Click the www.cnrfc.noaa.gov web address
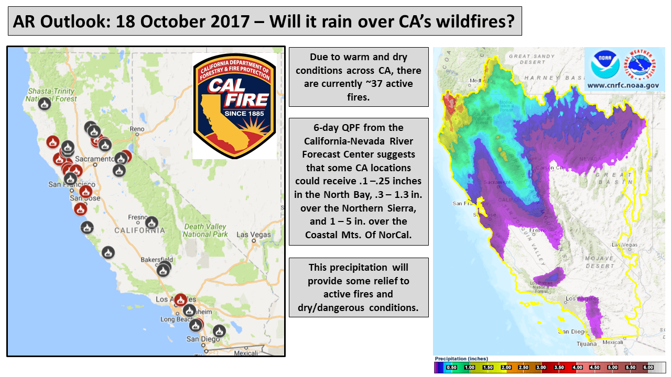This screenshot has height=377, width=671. pyautogui.click(x=623, y=85)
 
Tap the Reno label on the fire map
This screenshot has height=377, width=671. pyautogui.click(x=137, y=129)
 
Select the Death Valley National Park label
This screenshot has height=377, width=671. pyautogui.click(x=205, y=230)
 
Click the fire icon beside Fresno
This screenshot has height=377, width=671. pyautogui.click(x=151, y=223)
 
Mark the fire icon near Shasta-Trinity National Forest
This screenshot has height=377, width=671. pyautogui.click(x=45, y=104)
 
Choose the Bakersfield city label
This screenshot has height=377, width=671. pyautogui.click(x=157, y=260)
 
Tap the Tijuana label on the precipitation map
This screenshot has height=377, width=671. pyautogui.click(x=586, y=344)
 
